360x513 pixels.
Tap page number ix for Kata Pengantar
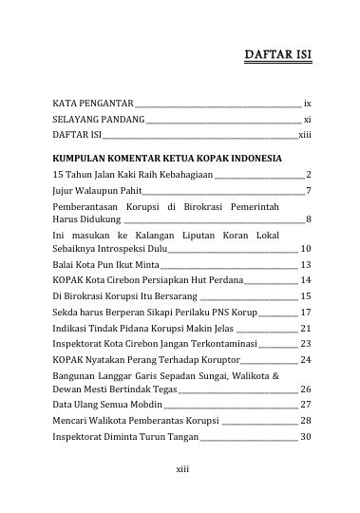308,102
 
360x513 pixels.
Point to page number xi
308,120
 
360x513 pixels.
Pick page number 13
306,264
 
